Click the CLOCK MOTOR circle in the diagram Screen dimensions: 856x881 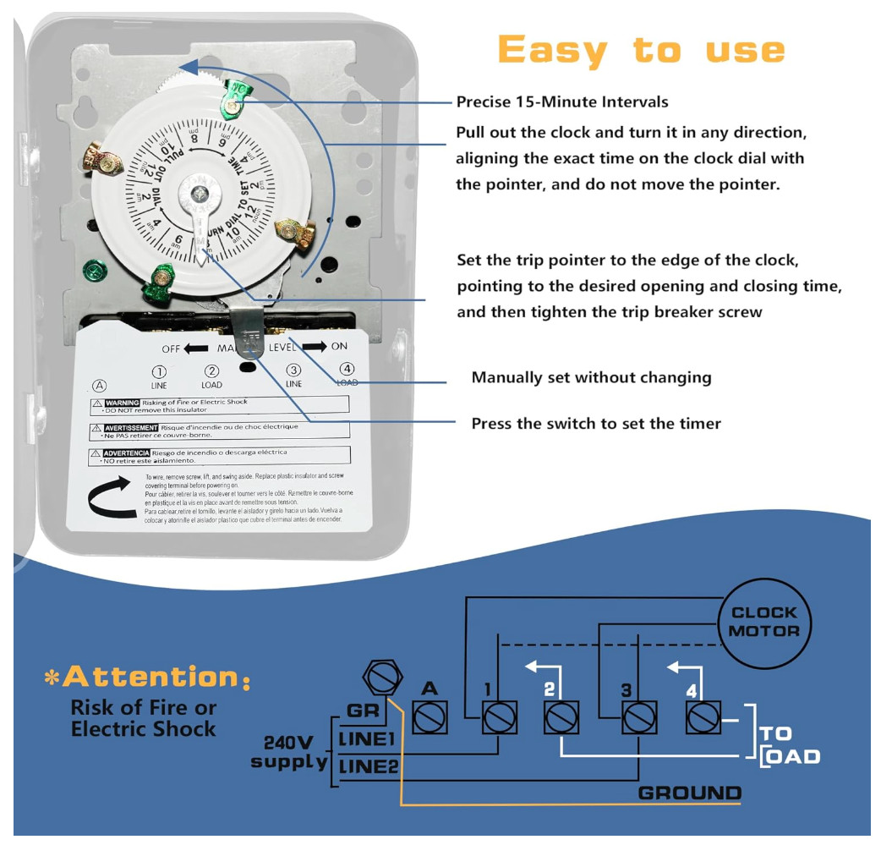pos(763,622)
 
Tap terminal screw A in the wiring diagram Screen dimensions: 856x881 pos(430,717)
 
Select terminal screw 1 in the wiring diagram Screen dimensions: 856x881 pos(499,717)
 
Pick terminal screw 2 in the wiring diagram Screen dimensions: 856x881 pos(561,717)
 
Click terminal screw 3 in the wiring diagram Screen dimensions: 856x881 pos(638,717)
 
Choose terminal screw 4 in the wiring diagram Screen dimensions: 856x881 pos(702,717)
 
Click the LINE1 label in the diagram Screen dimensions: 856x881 pos(367,738)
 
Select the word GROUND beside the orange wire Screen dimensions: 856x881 pos(689,793)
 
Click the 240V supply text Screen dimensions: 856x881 pos(289,752)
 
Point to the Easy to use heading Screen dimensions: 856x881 pos(641,51)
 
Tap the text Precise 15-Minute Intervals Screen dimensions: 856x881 pos(562,102)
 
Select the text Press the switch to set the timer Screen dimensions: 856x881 pos(595,423)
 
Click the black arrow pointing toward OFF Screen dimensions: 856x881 pos(196,348)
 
